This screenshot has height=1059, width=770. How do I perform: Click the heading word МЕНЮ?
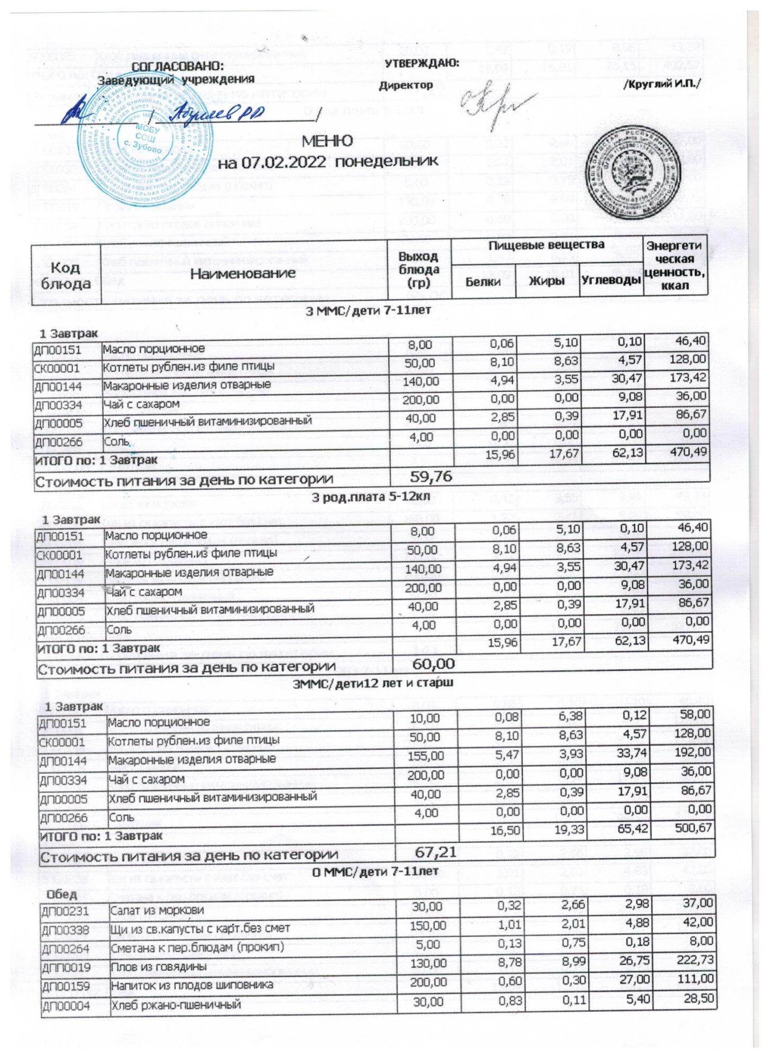tap(327, 141)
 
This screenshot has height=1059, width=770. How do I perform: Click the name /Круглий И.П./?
tap(661, 84)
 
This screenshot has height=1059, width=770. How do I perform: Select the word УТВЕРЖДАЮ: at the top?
tap(422, 63)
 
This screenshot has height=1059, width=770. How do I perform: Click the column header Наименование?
tap(243, 273)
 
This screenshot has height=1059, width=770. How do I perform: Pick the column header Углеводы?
tap(612, 281)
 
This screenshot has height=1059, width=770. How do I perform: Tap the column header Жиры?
tap(547, 281)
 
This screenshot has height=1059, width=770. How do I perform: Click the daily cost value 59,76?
tap(432, 477)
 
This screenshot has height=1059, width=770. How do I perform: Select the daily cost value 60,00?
tap(433, 664)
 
